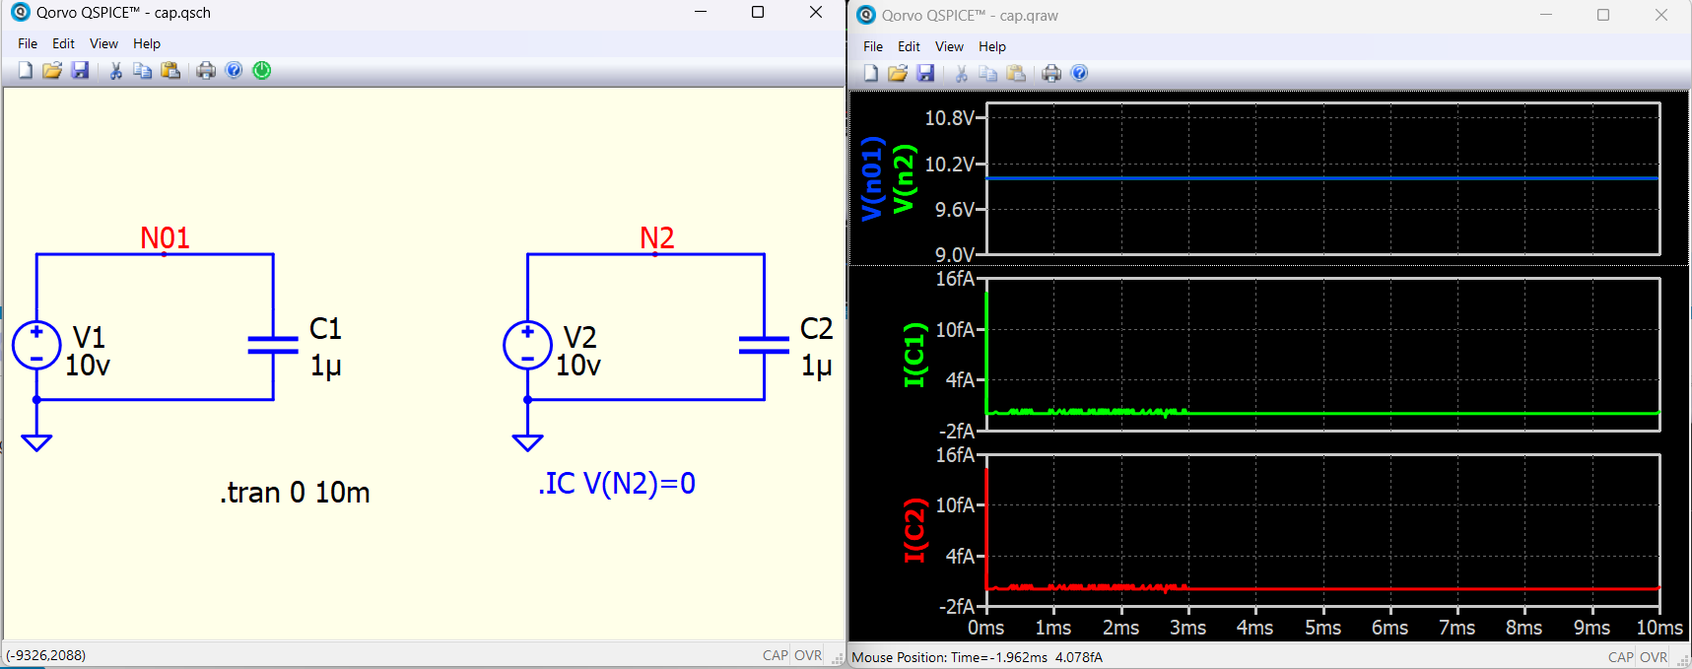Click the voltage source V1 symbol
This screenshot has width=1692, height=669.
coord(36,346)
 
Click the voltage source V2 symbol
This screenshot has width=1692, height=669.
coord(527,346)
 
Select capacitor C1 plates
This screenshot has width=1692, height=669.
coord(273,345)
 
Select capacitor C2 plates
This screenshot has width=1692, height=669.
coord(764,345)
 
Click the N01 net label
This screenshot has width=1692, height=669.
coord(165,237)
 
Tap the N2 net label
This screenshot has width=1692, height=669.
coord(657,237)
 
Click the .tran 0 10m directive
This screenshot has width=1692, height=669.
coord(295,492)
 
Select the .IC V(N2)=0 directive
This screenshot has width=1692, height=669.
coord(617,483)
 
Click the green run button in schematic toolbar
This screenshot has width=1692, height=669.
coord(262,70)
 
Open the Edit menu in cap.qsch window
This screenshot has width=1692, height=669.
coord(63,43)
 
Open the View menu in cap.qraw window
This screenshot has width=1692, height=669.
coord(949,46)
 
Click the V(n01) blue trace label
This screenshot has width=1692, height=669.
coord(871,178)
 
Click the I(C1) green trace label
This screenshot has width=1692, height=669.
coord(914,354)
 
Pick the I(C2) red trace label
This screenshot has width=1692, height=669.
coord(914,530)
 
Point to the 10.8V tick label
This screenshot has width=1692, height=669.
coord(949,118)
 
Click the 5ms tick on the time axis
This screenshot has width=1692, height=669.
coord(1322,628)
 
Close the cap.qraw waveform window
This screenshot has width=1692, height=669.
coord(1661,15)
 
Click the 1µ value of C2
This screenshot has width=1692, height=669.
coord(817,367)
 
